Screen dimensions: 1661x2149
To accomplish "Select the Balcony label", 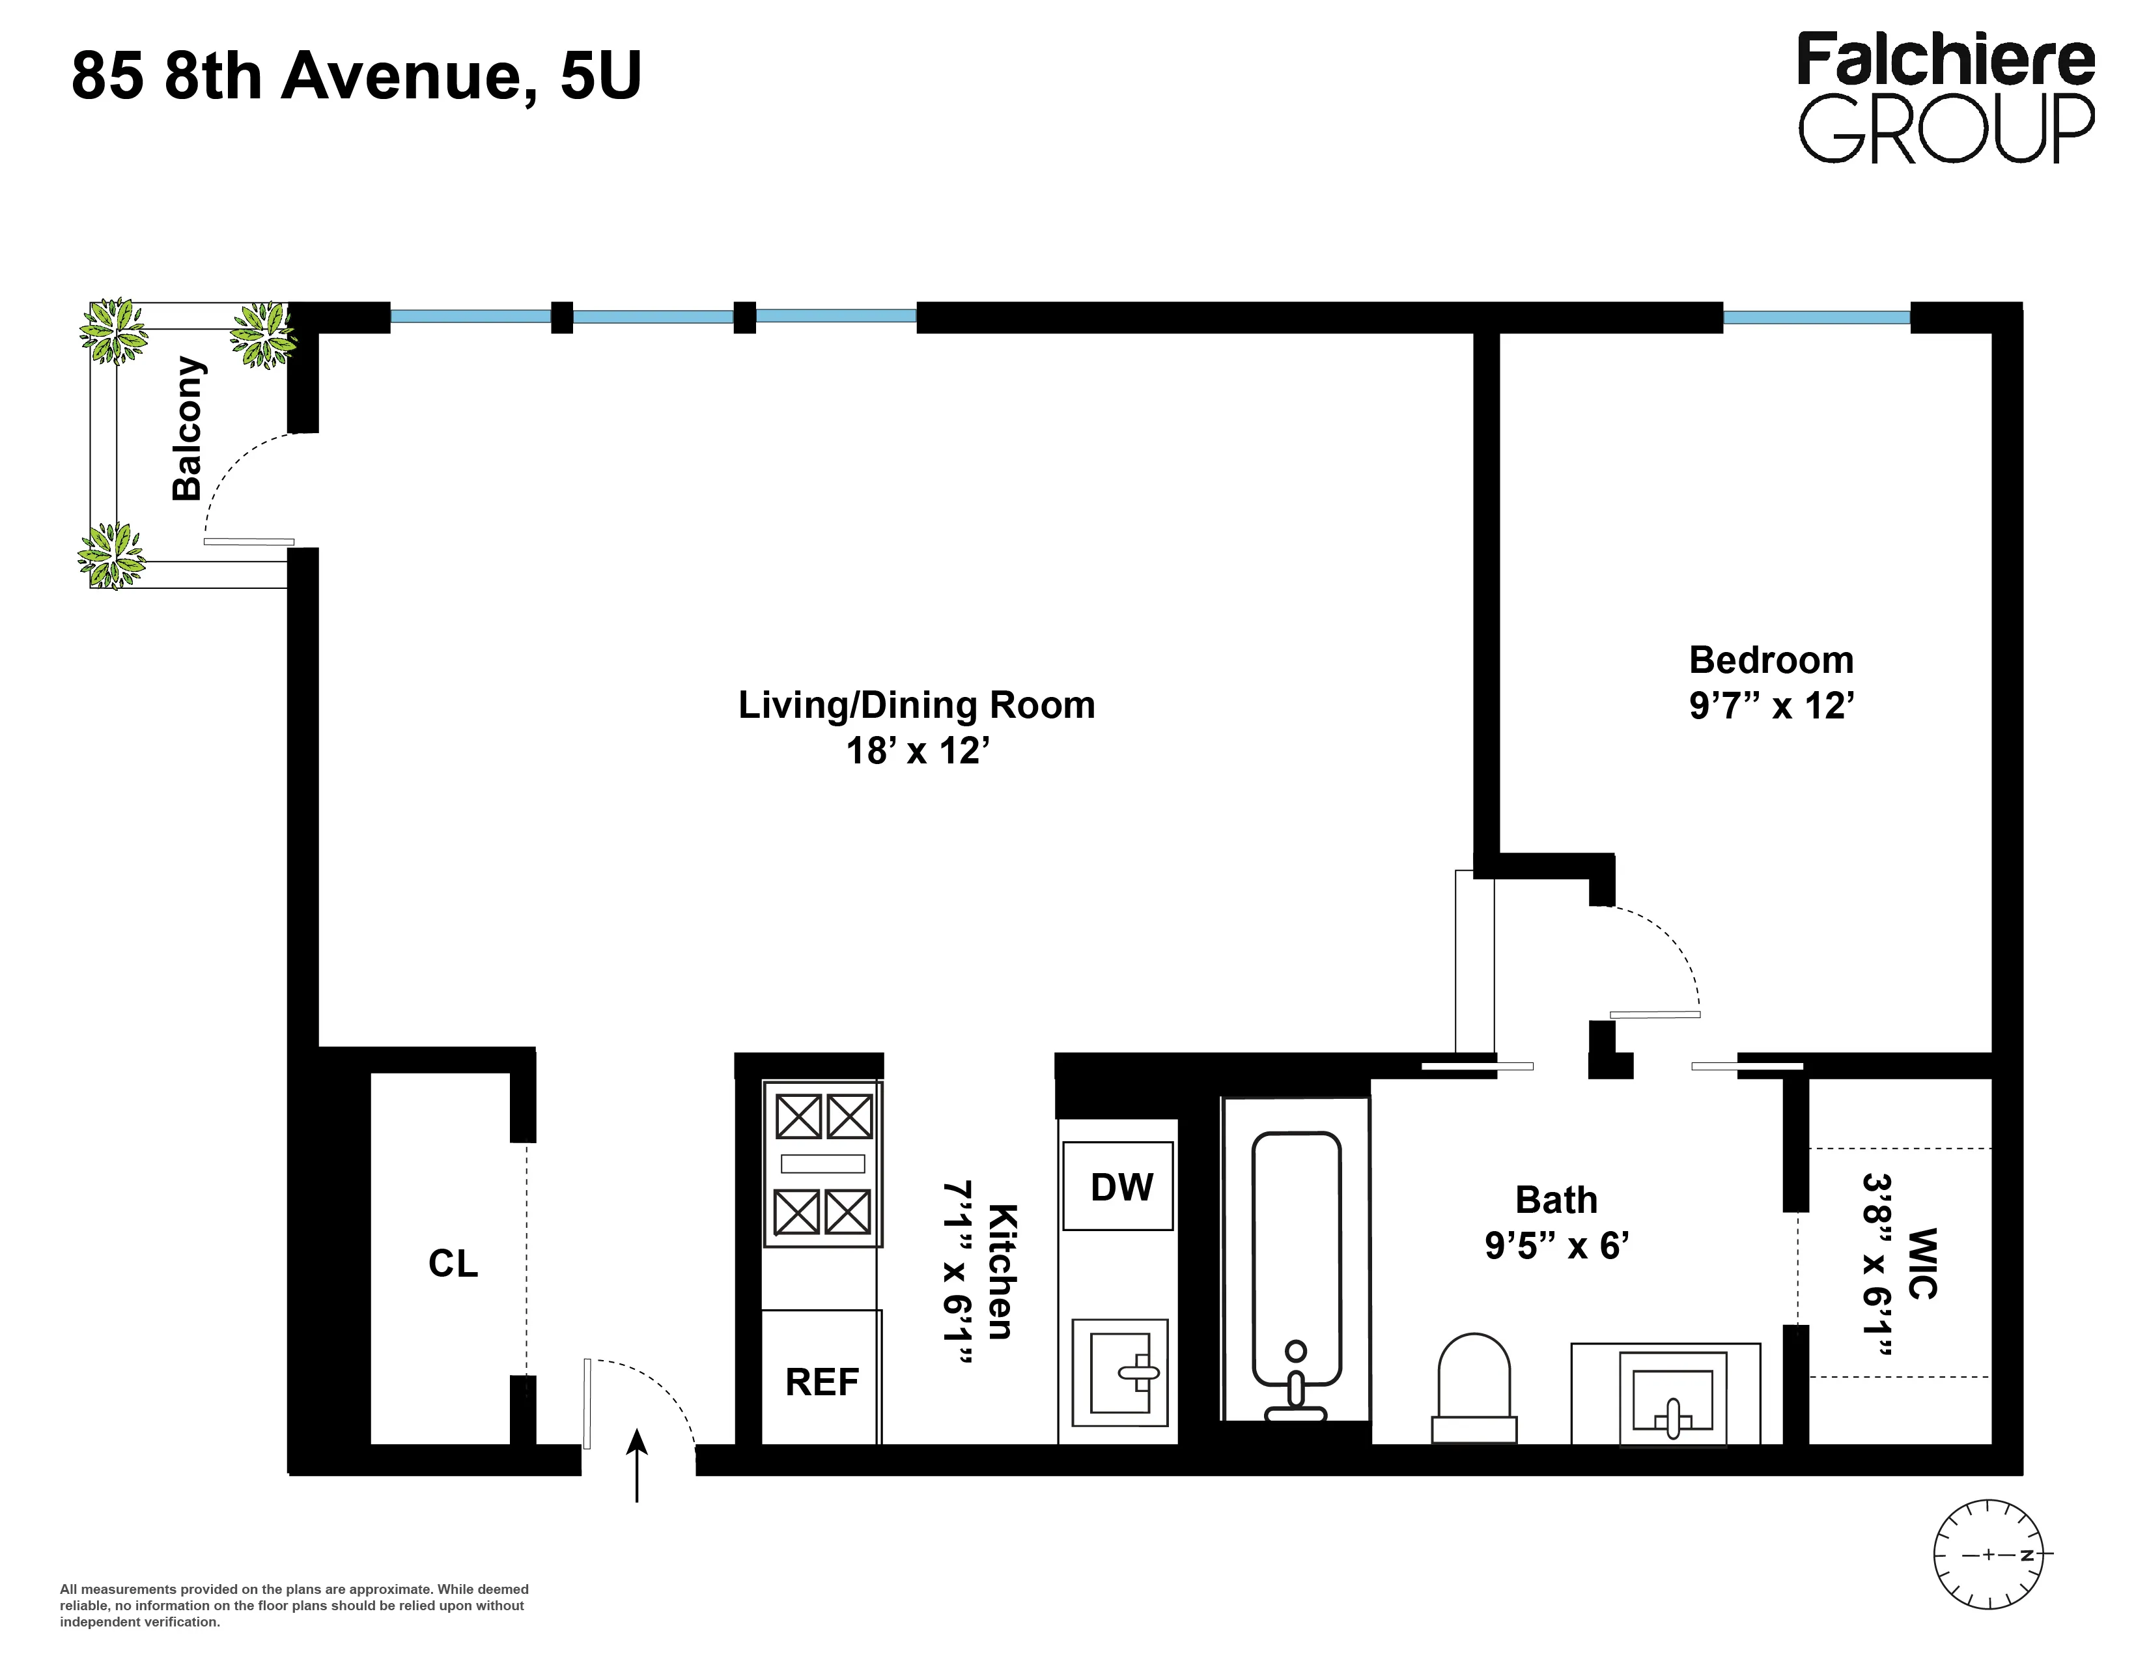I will pos(187,429).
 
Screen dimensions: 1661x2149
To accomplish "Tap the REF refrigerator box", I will pos(822,1380).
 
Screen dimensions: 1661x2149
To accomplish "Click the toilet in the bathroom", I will pos(1473,1387).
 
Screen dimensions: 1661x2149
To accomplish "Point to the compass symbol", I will pos(1987,1555).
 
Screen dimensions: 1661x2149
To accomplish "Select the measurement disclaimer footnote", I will pos(295,1605).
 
